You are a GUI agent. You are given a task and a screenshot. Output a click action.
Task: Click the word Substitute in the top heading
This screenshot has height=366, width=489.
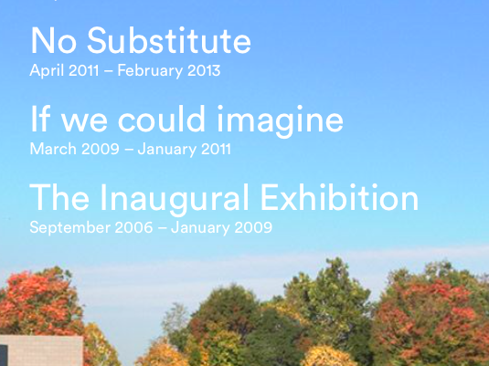click(x=169, y=40)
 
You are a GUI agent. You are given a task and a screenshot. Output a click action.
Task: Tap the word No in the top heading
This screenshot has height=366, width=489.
click(x=53, y=40)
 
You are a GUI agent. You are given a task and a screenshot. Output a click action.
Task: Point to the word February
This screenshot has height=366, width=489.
click(x=150, y=71)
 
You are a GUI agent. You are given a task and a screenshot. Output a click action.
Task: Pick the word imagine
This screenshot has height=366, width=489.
click(x=280, y=121)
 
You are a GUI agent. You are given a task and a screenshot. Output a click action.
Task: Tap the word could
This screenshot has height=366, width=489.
click(x=161, y=119)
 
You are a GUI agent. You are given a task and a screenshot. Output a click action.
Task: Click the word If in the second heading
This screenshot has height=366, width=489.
click(x=40, y=119)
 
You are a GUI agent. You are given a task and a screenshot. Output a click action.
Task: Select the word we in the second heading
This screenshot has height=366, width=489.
click(x=84, y=123)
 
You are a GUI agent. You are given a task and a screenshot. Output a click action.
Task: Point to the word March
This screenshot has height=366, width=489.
click(x=53, y=149)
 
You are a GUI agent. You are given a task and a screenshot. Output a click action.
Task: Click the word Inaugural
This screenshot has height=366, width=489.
click(x=175, y=199)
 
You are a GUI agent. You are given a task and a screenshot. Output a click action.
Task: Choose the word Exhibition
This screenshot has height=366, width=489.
click(x=339, y=197)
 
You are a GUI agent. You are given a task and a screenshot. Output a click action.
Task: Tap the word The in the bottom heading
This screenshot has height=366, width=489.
click(x=59, y=197)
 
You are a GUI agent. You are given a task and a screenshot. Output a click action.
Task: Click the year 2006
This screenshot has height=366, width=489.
click(x=133, y=227)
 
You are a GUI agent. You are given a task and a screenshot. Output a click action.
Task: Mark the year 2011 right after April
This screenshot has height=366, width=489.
click(x=83, y=70)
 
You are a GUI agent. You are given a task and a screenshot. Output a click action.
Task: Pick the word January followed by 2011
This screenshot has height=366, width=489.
click(x=167, y=150)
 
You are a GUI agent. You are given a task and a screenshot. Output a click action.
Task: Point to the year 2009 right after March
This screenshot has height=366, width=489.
click(x=101, y=149)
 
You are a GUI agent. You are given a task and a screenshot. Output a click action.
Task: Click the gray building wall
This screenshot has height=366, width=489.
click(x=44, y=350)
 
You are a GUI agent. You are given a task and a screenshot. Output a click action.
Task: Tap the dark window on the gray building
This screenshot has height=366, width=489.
click(x=4, y=355)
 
